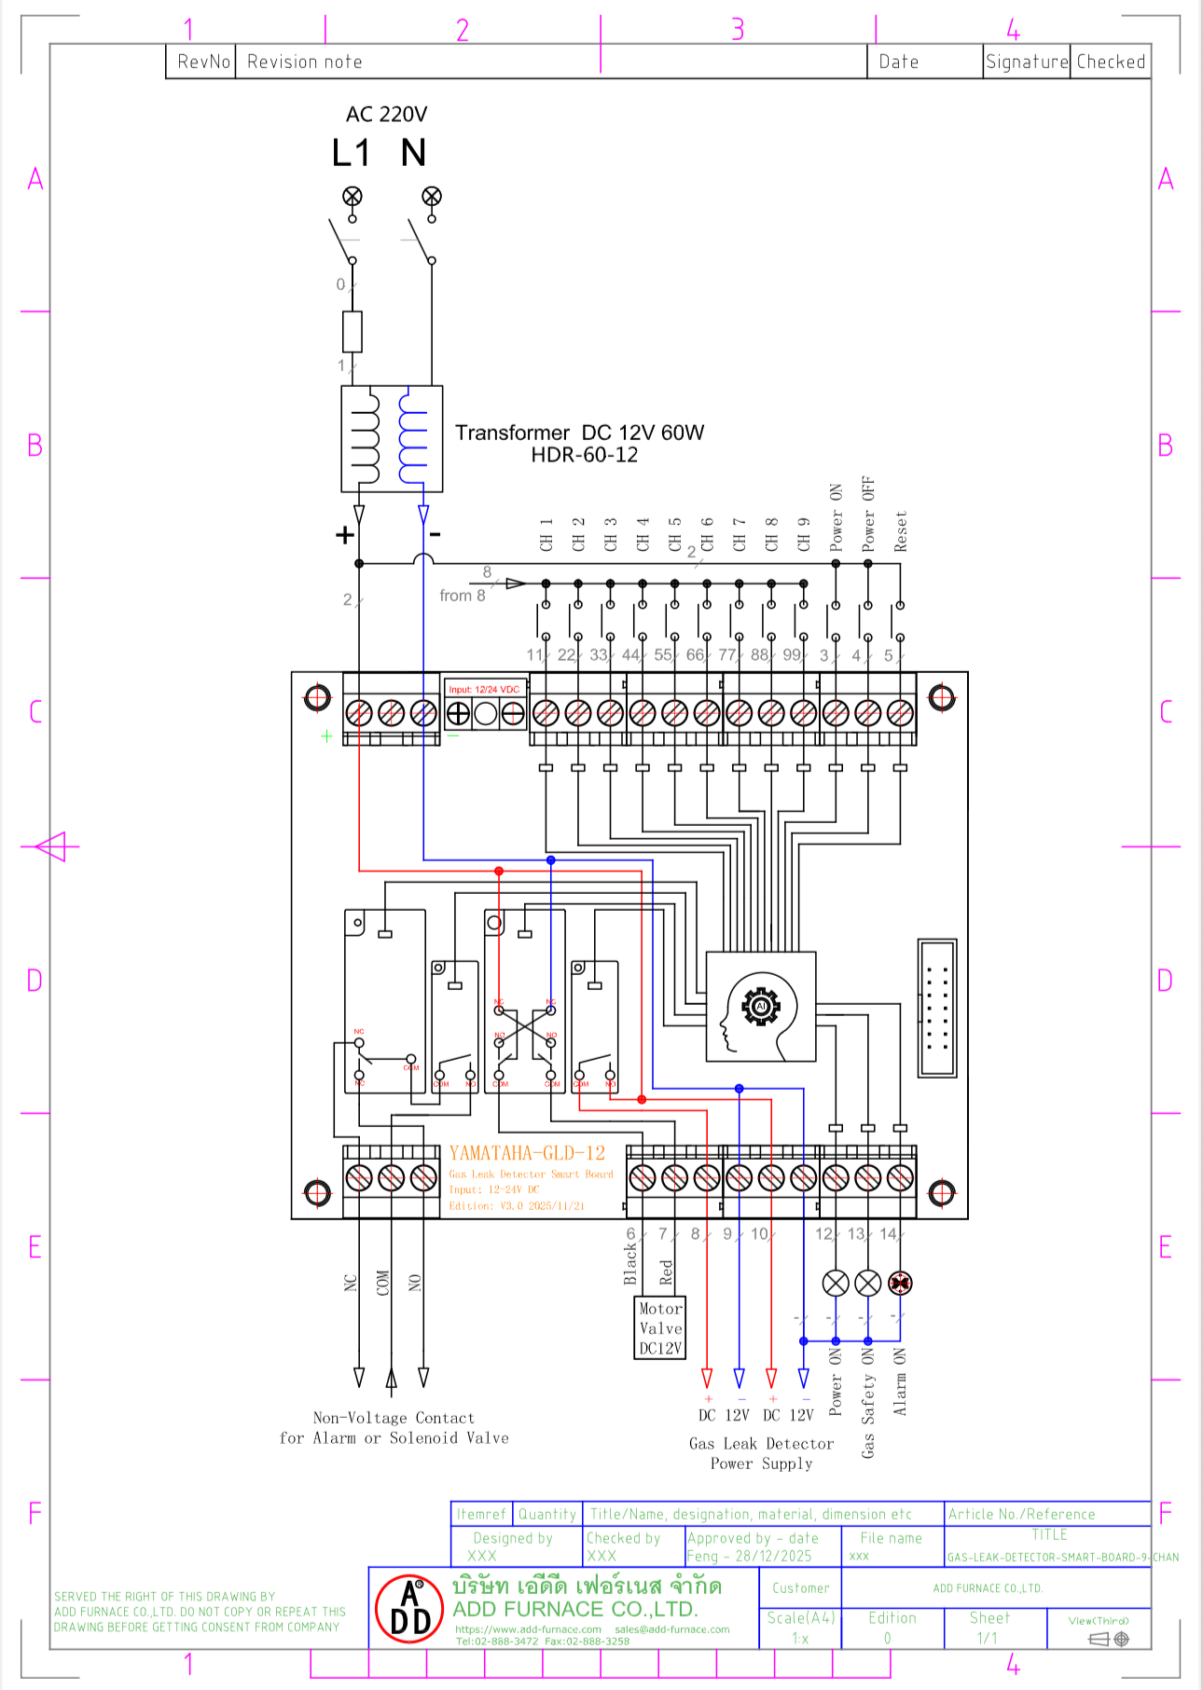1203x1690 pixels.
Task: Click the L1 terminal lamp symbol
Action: [353, 196]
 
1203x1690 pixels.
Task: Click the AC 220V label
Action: [386, 115]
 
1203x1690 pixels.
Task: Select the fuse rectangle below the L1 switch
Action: [353, 331]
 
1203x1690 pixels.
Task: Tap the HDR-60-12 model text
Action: [585, 455]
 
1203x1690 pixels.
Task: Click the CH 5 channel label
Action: [675, 534]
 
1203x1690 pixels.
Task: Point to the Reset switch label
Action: [901, 531]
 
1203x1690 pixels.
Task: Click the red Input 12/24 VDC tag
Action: [484, 690]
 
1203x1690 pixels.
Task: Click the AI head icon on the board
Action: [761, 1007]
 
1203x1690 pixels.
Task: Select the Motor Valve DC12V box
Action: [660, 1327]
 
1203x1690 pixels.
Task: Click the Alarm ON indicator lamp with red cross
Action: [900, 1284]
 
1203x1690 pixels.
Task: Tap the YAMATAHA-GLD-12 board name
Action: [527, 1153]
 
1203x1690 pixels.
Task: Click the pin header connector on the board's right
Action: [937, 1008]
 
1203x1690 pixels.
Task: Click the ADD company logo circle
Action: [409, 1610]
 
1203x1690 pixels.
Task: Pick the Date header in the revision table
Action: [899, 62]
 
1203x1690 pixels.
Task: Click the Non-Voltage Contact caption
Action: [394, 1418]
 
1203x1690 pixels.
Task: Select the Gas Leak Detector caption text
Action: [761, 1443]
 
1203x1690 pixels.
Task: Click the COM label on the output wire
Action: [382, 1283]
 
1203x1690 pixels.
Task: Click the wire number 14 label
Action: [888, 1233]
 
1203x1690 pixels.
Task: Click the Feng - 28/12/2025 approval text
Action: [749, 1556]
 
